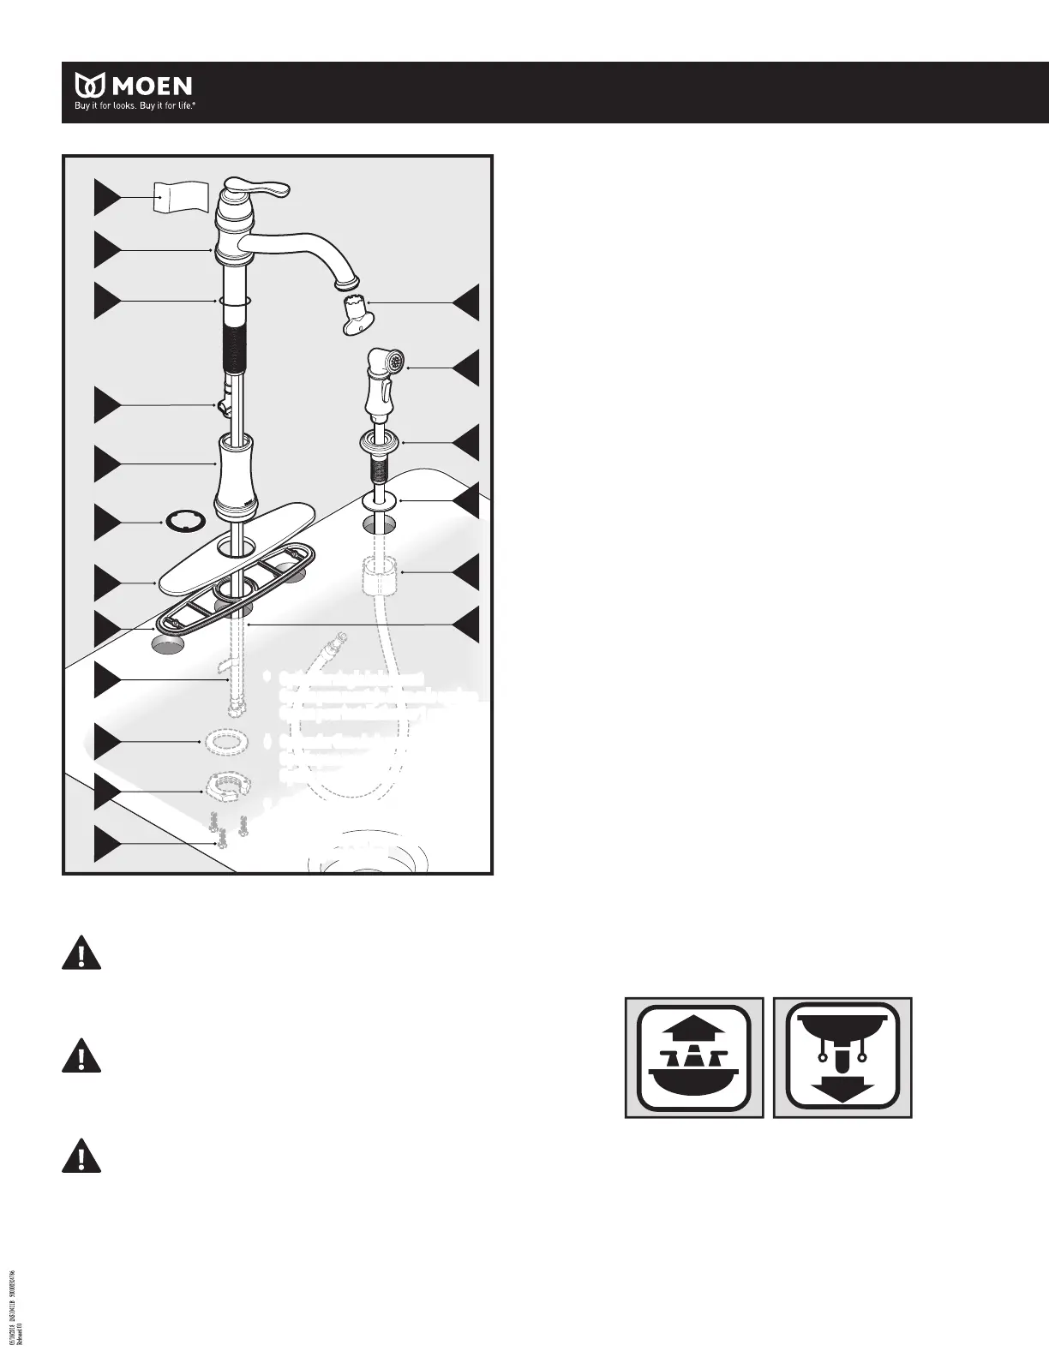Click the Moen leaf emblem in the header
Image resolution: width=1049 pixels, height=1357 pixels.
(x=90, y=86)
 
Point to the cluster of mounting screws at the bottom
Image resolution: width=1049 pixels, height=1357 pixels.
(x=225, y=826)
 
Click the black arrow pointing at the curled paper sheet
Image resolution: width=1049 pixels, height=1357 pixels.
(x=106, y=198)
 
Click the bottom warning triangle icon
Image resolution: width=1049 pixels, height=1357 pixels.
(x=81, y=1156)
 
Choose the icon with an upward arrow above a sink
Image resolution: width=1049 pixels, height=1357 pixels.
(x=694, y=1057)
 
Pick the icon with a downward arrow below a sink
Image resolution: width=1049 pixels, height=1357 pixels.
(x=842, y=1057)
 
